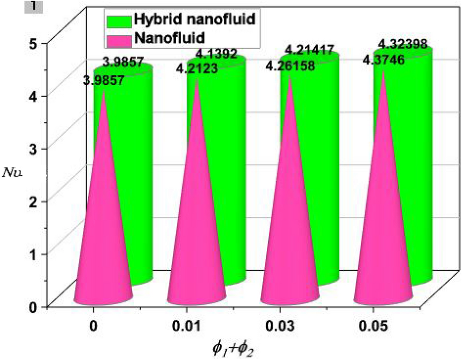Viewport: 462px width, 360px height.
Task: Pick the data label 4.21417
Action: pos(310,49)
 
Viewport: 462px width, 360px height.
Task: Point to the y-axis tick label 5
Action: pos(33,43)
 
